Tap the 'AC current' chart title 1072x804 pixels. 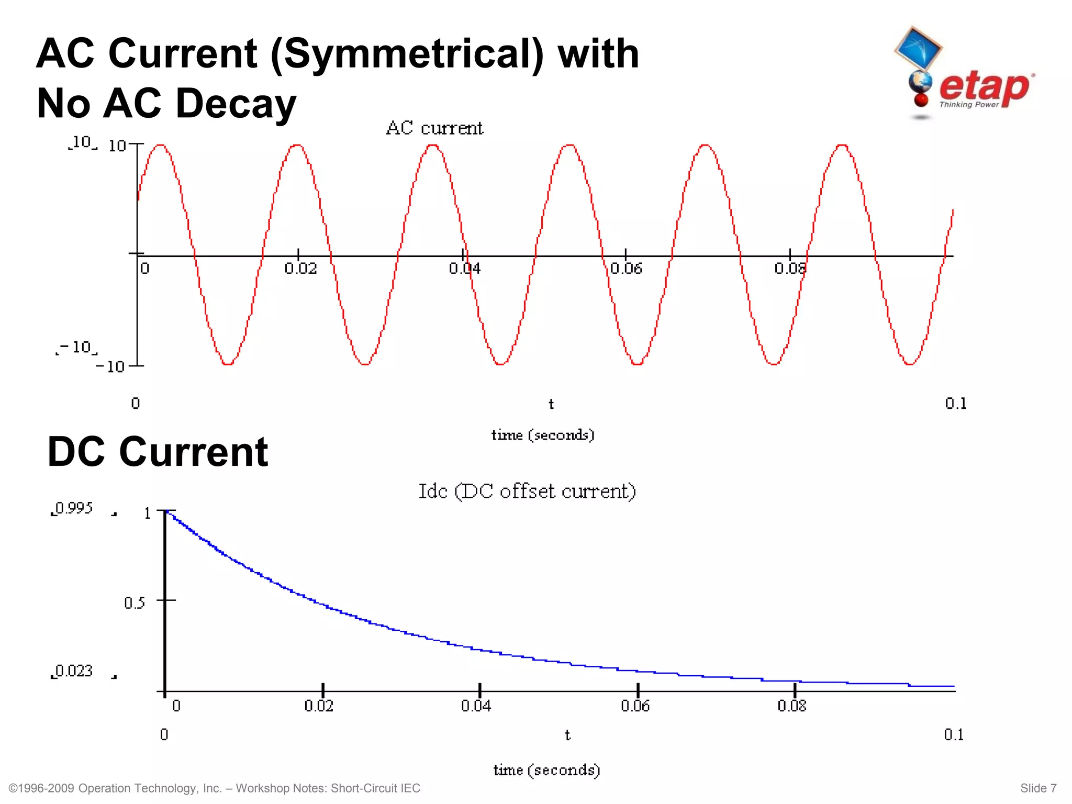[434, 128]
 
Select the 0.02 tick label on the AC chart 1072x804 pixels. [300, 269]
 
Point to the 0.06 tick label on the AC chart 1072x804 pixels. [626, 269]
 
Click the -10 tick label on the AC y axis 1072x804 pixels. [110, 366]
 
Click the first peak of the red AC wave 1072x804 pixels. [161, 146]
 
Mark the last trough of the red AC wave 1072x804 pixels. [910, 364]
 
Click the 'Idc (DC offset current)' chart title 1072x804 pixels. [527, 492]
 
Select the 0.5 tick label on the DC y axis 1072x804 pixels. [135, 603]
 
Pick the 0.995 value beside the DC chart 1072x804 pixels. [74, 508]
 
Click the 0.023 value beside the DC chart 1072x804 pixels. [74, 671]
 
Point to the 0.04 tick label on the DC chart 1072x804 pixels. [476, 706]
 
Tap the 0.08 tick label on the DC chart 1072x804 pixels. [791, 706]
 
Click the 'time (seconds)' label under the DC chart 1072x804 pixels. [546, 770]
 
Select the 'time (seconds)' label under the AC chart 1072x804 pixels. [543, 435]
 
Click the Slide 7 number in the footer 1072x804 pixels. [1038, 788]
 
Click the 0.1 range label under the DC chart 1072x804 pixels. [953, 735]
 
